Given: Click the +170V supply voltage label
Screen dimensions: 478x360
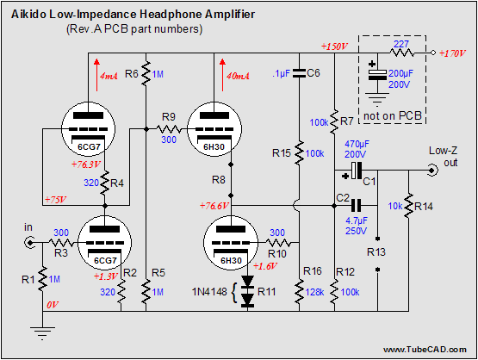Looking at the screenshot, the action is point(452,53).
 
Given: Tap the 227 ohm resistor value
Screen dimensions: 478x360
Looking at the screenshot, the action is point(400,44).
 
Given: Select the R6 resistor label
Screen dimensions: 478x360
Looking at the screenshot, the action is point(132,73).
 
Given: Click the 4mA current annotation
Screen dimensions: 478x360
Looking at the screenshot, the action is point(109,76).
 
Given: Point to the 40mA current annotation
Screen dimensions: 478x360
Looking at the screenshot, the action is point(238,76).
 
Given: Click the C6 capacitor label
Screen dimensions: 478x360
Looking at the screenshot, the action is point(313,73).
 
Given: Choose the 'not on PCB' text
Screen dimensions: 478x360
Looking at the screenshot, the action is point(393,115).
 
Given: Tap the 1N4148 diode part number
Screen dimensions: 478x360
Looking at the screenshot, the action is point(209,292).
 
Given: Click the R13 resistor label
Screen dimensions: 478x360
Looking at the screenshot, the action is point(376,252).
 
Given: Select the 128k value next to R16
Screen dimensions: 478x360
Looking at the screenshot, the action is point(314,292).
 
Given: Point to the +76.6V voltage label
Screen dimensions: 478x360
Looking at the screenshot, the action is point(214,206).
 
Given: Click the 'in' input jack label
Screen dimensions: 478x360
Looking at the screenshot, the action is point(28,227).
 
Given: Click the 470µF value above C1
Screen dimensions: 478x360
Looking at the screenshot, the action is point(357,144).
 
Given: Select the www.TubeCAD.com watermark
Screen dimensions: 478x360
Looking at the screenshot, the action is point(425,350).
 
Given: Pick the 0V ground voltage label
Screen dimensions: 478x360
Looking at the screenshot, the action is point(53,305).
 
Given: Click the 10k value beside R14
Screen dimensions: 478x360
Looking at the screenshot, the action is point(395,207).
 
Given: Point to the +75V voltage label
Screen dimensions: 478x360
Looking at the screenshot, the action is point(55,200).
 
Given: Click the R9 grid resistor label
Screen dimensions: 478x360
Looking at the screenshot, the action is point(169,117).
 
